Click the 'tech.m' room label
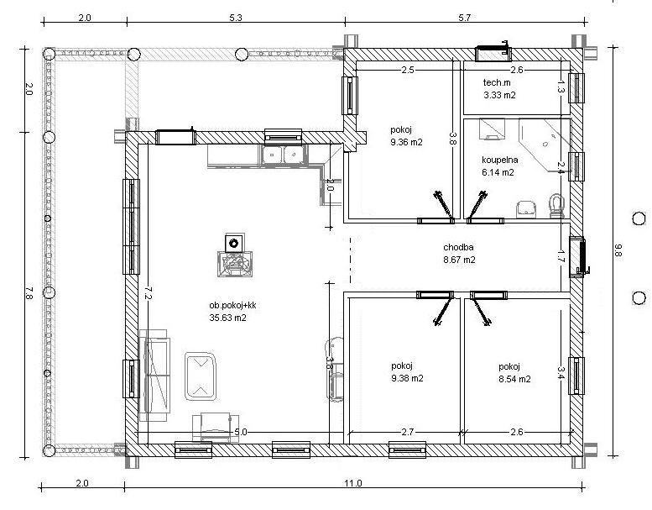[x=497, y=82]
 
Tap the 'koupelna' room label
[x=500, y=160]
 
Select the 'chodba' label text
[x=458, y=247]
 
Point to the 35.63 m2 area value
[x=228, y=318]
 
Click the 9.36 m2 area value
[x=406, y=142]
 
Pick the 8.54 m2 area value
[x=514, y=379]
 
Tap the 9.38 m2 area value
[x=407, y=378]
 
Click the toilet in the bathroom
[x=556, y=206]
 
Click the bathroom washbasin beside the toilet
[x=526, y=209]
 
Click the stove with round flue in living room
[x=234, y=255]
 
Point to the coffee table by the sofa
[x=201, y=376]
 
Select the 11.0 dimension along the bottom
[x=353, y=483]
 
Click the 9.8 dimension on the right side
[x=618, y=250]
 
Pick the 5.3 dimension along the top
[x=235, y=18]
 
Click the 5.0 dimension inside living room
[x=241, y=432]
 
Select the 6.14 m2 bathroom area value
[x=498, y=172]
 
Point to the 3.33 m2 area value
[x=499, y=95]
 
